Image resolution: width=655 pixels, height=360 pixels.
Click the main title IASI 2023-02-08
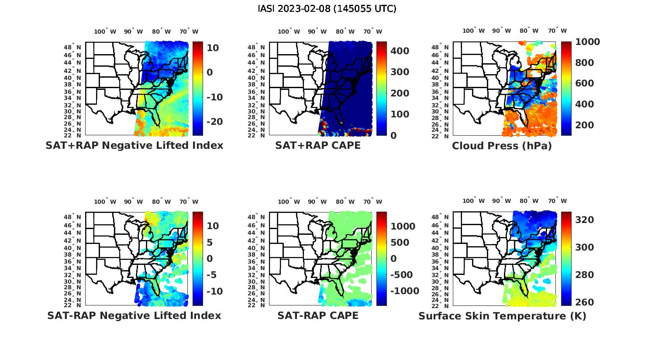click(x=327, y=8)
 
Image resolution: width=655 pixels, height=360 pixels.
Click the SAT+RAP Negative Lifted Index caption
click(x=134, y=145)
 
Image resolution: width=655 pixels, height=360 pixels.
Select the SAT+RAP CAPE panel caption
click(x=318, y=145)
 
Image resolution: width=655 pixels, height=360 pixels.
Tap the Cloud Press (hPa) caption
click(x=502, y=145)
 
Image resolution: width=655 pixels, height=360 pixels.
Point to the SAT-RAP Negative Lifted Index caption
click(x=134, y=315)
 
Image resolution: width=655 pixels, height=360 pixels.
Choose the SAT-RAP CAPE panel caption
click(x=318, y=315)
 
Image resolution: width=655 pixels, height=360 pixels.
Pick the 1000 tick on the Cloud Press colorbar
click(x=587, y=42)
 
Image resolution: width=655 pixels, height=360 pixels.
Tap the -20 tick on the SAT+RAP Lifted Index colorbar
click(x=215, y=121)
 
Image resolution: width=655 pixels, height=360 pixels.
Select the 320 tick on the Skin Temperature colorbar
click(x=585, y=219)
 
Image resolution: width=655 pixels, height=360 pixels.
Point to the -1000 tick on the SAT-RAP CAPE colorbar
click(x=404, y=291)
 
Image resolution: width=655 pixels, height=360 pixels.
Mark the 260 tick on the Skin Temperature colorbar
click(x=585, y=302)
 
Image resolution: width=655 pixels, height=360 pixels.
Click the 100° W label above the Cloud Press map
click(x=473, y=31)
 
